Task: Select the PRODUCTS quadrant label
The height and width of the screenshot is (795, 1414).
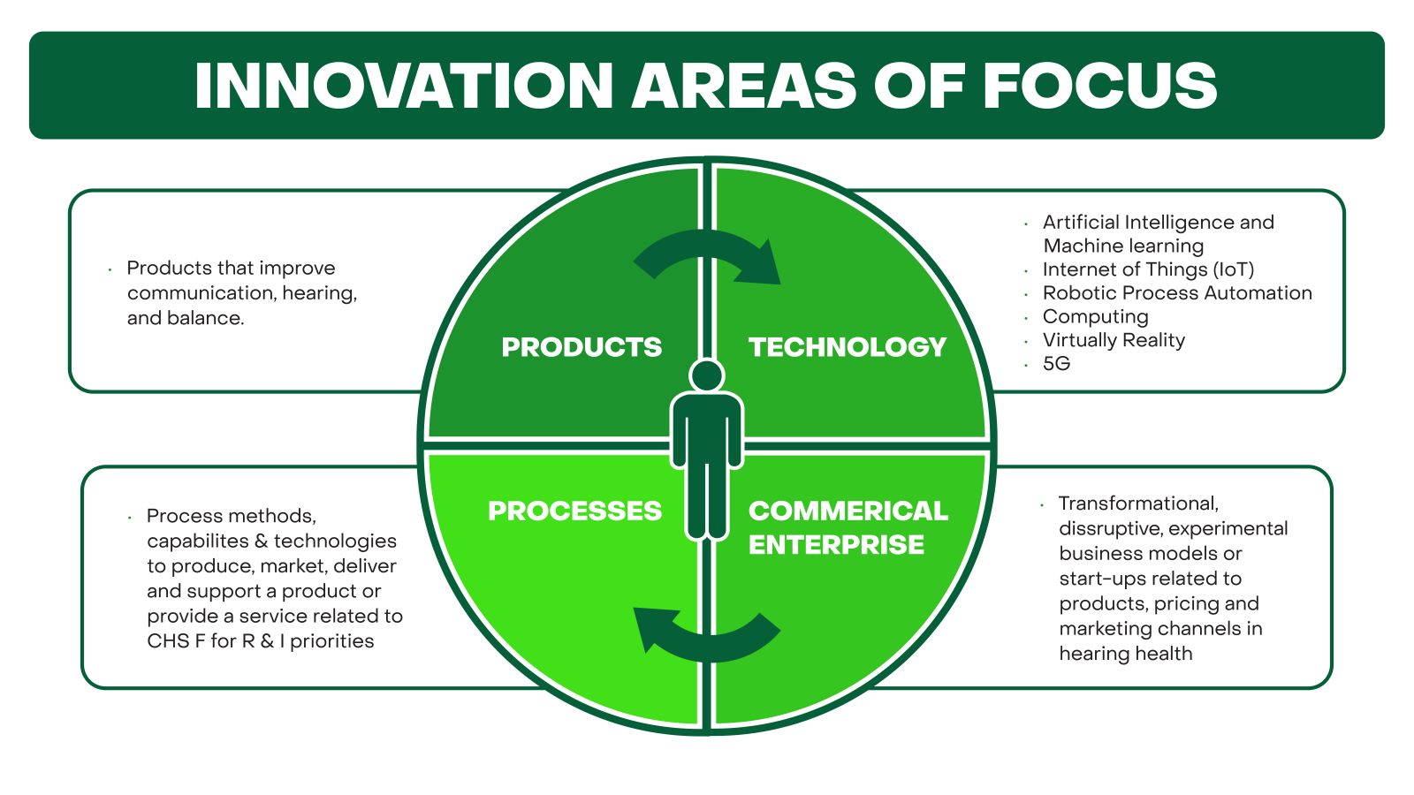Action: (x=582, y=347)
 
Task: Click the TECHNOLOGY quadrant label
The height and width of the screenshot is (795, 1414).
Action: (x=848, y=347)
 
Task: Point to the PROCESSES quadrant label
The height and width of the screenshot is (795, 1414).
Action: (x=574, y=511)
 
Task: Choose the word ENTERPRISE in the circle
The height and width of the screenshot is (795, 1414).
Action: (x=836, y=544)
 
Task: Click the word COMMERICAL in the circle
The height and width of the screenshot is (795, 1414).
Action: (x=848, y=511)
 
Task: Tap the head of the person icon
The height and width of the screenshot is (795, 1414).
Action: (x=707, y=375)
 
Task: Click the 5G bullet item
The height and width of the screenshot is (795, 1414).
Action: (x=1056, y=364)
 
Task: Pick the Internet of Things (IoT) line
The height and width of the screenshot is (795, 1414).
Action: (x=1148, y=269)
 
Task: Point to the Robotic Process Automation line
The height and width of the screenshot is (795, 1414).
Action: (x=1177, y=293)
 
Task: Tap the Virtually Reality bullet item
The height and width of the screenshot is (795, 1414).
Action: (x=1114, y=340)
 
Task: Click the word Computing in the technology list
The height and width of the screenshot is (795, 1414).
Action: (x=1095, y=316)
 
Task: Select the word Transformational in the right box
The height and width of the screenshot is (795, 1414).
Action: (x=1138, y=503)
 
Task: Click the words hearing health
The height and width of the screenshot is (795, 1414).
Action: (x=1126, y=654)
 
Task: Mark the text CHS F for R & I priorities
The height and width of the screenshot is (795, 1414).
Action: (x=261, y=641)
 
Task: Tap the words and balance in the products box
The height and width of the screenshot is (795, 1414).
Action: (x=186, y=318)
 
